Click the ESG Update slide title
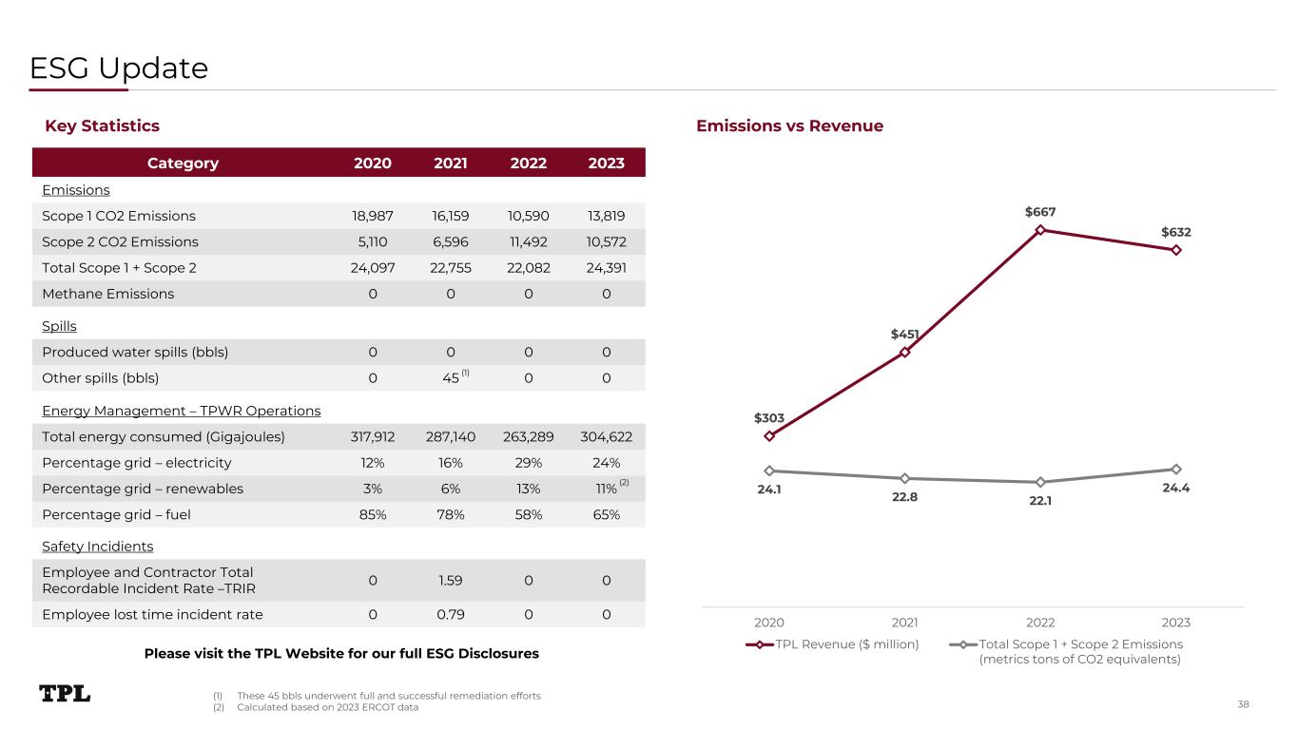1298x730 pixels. point(119,68)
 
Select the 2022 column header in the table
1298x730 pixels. point(528,163)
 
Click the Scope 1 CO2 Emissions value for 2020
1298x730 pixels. point(373,216)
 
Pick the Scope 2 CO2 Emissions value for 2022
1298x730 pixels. point(528,241)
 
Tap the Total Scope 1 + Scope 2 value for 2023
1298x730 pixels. point(606,268)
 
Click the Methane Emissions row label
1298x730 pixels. point(108,294)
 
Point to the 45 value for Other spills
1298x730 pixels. point(451,377)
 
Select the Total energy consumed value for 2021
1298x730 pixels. point(451,436)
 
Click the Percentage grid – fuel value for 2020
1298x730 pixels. point(373,514)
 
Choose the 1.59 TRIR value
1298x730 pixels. point(451,580)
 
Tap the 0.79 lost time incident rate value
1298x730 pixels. point(451,614)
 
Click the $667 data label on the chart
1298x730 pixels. point(1040,212)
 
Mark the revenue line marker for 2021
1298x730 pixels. point(905,353)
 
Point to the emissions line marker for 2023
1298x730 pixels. point(1176,469)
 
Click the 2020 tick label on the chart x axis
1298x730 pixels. point(769,623)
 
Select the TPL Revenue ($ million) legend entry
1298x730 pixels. point(836,644)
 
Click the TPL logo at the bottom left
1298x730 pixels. point(65,694)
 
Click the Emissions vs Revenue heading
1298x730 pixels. point(789,125)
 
